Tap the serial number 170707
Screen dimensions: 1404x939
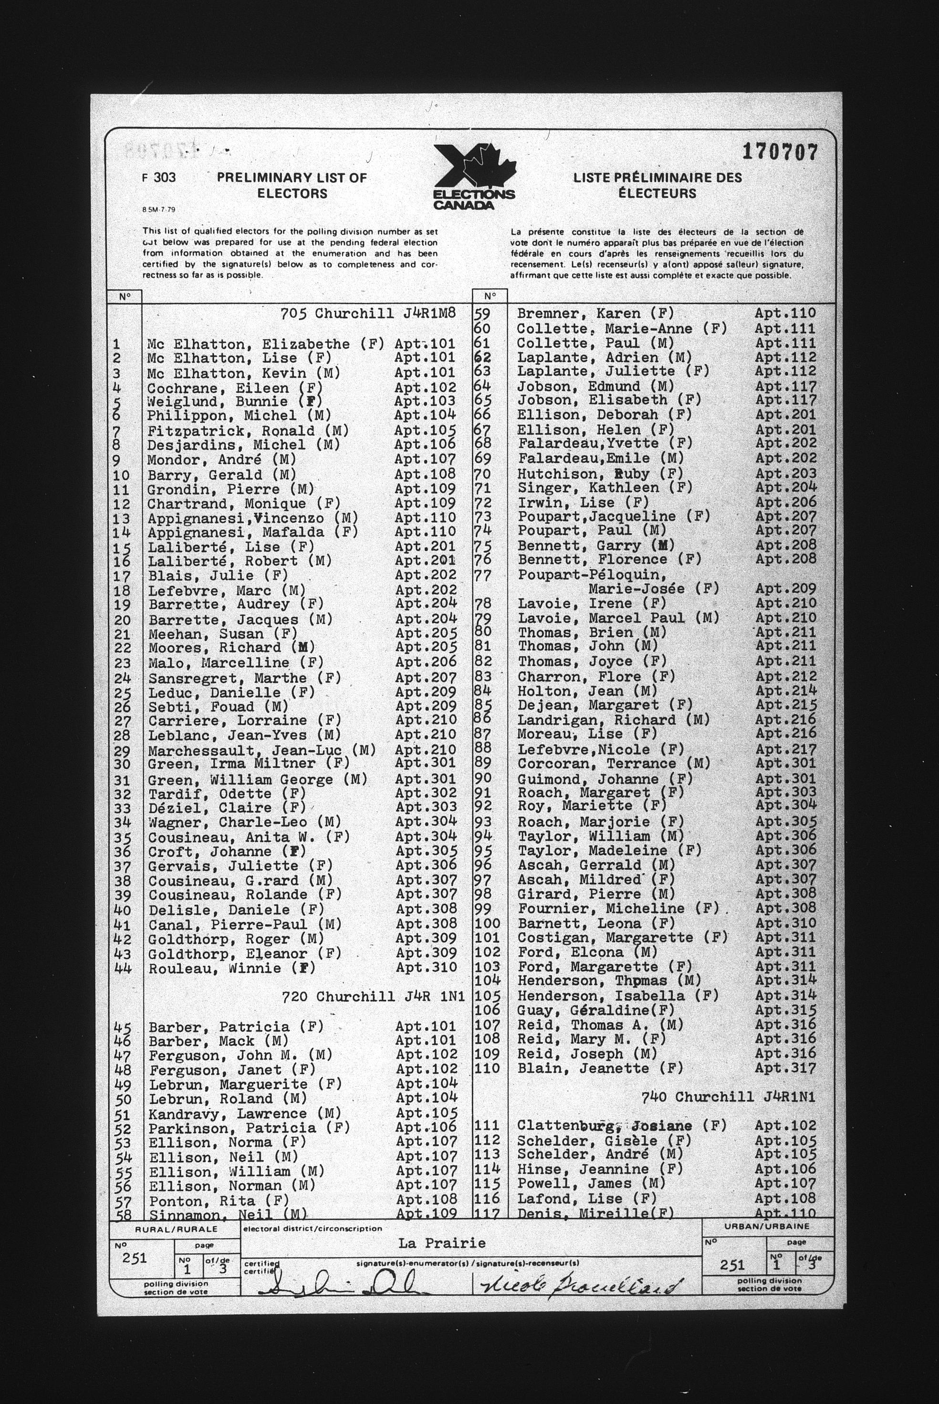coord(779,153)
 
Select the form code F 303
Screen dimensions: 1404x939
coord(159,178)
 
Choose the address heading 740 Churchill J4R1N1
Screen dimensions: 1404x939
coord(728,1097)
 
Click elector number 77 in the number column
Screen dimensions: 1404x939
coord(483,576)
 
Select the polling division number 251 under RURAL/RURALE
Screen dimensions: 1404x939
coord(135,1258)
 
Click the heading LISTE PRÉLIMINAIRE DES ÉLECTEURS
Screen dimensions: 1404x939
coord(657,185)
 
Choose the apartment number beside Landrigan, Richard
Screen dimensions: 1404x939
coord(785,720)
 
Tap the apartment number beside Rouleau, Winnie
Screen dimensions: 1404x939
coord(426,968)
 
